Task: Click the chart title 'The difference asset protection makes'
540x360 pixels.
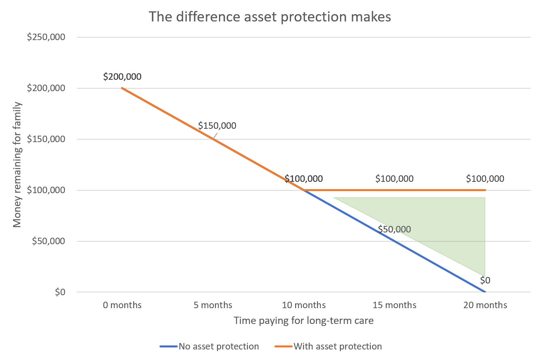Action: [270, 17]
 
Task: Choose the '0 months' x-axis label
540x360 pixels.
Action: [122, 305]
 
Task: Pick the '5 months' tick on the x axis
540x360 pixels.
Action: [213, 305]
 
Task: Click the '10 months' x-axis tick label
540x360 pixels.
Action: [304, 305]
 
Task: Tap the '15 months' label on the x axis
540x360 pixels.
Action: [395, 305]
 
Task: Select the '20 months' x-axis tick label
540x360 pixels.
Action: [485, 305]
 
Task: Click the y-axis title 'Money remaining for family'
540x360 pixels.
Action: [17, 164]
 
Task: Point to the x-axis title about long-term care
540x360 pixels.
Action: [304, 321]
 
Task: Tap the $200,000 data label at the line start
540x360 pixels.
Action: [122, 77]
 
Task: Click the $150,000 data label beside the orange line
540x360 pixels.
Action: [217, 126]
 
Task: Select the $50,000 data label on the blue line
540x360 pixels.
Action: [395, 229]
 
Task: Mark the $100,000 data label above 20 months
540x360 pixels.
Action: [485, 179]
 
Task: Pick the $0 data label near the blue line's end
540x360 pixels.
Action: [485, 280]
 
